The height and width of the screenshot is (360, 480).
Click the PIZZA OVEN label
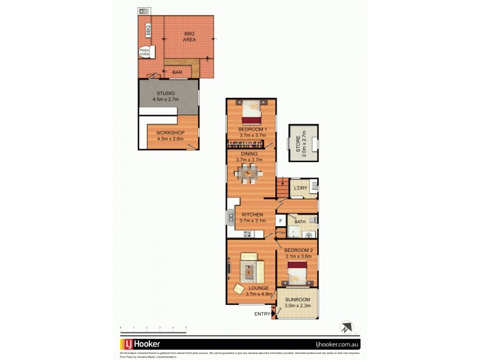click(x=145, y=52)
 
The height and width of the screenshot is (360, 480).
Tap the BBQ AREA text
click(x=190, y=36)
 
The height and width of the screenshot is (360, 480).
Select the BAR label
click(x=177, y=73)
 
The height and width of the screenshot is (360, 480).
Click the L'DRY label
click(x=300, y=188)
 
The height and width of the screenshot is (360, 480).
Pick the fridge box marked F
click(x=280, y=221)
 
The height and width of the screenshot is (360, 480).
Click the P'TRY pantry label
click(x=280, y=233)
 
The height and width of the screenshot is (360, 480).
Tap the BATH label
click(x=299, y=222)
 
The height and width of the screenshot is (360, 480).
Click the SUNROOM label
click(x=297, y=302)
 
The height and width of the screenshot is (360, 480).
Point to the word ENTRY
click(x=262, y=314)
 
